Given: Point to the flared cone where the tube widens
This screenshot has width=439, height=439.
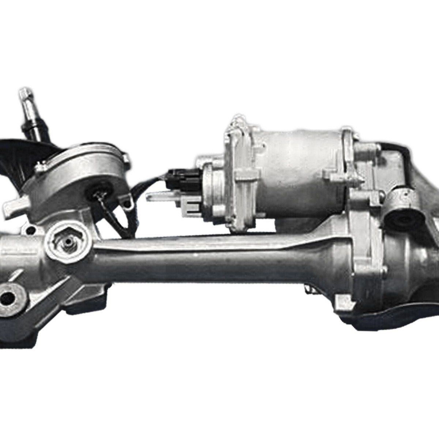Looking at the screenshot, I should pyautogui.click(x=326, y=263).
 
